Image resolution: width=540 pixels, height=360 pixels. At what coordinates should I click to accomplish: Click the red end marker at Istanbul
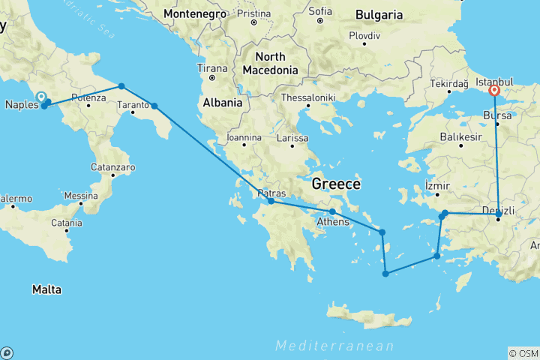[x=494, y=91]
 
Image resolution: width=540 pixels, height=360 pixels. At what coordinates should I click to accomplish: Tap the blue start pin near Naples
[x=41, y=97]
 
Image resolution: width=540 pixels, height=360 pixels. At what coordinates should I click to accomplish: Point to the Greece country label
[x=336, y=184]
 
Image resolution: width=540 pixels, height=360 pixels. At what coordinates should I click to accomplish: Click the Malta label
[x=46, y=289]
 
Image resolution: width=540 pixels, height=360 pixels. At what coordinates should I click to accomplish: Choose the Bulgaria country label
[x=379, y=15]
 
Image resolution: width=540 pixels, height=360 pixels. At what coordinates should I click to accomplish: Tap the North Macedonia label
[x=269, y=64]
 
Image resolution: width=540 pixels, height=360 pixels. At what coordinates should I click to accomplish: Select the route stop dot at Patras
[x=271, y=201]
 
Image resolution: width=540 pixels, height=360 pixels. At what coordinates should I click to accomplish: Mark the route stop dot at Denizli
[x=499, y=215]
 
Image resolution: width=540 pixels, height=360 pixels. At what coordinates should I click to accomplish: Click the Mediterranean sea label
[x=334, y=346]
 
